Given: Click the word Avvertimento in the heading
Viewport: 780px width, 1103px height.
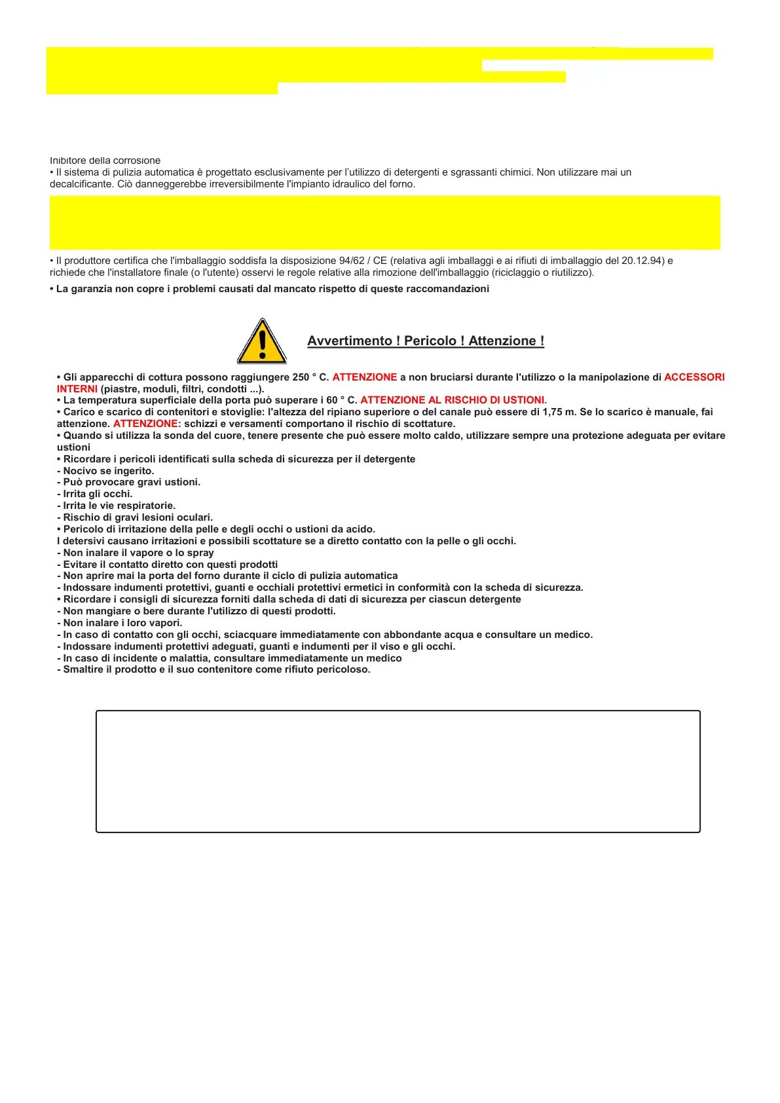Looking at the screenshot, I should pos(350,341).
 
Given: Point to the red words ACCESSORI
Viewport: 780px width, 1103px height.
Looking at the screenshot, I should pos(694,377).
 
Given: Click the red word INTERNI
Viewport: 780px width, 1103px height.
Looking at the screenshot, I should pos(77,389).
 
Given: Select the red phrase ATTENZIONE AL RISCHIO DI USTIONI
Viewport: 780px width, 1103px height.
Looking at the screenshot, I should pos(453,400).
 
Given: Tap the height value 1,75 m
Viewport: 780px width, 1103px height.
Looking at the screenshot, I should pos(557,412).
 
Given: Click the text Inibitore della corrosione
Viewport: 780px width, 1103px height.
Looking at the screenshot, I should pos(105,160).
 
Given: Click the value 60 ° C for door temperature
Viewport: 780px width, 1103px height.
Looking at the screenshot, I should pos(341,400).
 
